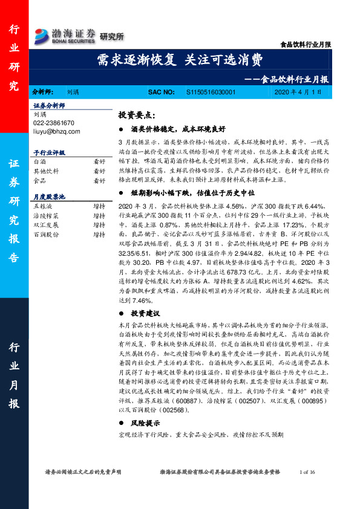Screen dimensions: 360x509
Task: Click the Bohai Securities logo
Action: point(65,35)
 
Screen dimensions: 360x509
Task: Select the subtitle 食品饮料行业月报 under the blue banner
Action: point(296,79)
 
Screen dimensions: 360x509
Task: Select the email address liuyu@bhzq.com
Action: point(54,131)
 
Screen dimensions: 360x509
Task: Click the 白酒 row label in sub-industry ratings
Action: point(39,162)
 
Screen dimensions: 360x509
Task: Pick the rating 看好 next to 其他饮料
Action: point(99,171)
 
